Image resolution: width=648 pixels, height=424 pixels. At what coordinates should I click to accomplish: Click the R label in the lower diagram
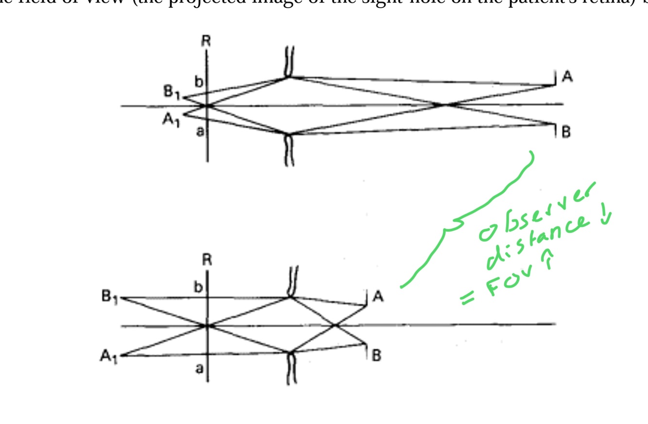[207, 261]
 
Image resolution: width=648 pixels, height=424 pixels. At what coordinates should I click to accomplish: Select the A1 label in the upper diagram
[171, 119]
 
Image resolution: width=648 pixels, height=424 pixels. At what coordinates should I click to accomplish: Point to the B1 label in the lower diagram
[109, 297]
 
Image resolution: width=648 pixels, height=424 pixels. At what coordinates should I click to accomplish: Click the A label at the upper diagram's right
[566, 76]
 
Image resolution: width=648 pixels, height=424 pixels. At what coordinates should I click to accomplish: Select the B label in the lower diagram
[376, 356]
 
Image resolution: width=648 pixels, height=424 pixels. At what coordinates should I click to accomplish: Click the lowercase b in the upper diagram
[198, 82]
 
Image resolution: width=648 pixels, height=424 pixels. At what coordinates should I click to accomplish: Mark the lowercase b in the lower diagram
[198, 288]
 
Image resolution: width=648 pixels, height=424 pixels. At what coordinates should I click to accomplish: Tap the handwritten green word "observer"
[534, 213]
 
